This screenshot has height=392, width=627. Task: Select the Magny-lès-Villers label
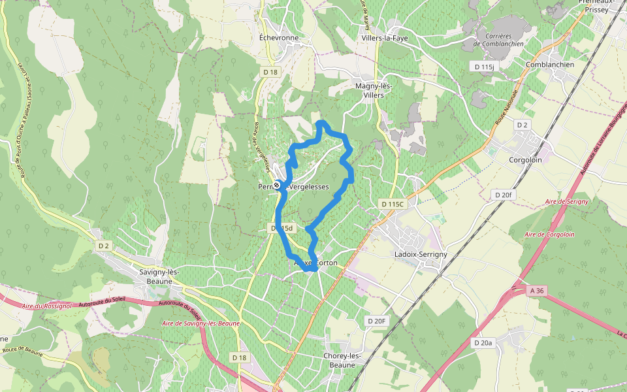tap(374, 90)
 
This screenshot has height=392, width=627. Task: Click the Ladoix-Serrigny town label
tap(419, 253)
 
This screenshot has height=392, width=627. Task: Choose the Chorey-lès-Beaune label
tap(343, 360)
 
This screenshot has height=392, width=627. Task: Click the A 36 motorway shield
tap(537, 291)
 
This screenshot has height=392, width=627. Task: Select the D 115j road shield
tap(485, 67)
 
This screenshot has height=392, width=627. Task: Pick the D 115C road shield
tap(393, 204)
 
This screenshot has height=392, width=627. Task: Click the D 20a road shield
tap(483, 342)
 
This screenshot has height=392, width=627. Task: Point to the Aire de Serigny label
tap(567, 202)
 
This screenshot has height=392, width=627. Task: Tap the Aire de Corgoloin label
tap(549, 234)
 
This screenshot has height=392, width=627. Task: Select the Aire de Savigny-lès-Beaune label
tap(201, 323)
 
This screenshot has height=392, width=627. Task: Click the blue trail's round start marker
tap(278, 186)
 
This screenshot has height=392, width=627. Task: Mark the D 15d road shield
tap(283, 228)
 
